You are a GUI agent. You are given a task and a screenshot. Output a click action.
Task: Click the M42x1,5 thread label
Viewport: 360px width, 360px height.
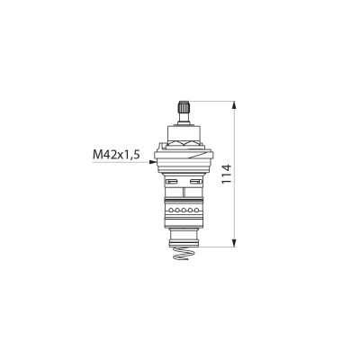point(117,155)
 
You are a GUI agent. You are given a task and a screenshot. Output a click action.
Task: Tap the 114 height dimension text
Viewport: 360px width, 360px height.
point(227,175)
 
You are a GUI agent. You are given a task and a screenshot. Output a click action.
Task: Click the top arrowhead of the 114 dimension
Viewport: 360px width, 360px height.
point(235,106)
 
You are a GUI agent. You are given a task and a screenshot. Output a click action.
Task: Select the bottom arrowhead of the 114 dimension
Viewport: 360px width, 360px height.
point(235,243)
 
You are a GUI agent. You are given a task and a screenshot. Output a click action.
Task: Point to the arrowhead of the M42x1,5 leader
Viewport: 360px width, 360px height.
point(152,162)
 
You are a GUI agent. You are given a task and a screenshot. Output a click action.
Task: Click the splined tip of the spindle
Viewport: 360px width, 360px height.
point(184,106)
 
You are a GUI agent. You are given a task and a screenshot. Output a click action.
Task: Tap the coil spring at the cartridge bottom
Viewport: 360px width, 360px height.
point(184,254)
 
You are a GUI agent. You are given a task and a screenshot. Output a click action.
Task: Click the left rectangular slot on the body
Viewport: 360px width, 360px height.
point(171,181)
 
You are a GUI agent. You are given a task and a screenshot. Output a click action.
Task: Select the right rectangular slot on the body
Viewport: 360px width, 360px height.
point(195,181)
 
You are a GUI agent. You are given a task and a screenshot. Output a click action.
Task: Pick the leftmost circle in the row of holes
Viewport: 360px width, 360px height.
point(171,211)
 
